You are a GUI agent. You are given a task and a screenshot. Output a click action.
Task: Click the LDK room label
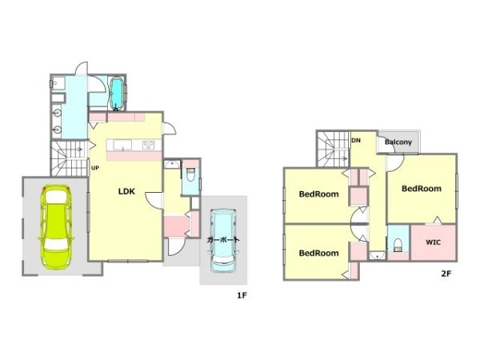pyautogui.click(x=126, y=192)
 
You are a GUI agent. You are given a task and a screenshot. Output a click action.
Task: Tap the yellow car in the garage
pyautogui.click(x=56, y=227)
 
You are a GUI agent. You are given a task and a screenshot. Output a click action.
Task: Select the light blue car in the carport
pyautogui.click(x=223, y=241)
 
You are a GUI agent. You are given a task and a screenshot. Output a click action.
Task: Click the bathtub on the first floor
pyautogui.click(x=116, y=94)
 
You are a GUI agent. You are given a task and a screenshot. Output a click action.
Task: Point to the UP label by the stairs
pyautogui.click(x=95, y=168)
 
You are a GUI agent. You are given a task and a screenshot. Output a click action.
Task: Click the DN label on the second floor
pyautogui.click(x=356, y=141)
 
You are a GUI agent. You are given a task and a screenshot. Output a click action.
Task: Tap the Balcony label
pyautogui.click(x=398, y=142)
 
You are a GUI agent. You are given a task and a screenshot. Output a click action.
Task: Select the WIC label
pyautogui.click(x=433, y=242)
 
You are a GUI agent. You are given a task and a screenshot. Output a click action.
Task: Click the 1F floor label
pyautogui.click(x=242, y=295)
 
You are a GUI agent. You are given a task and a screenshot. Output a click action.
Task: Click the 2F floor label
pyautogui.click(x=446, y=274)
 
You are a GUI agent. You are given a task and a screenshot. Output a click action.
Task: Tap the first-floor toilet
pyautogui.click(x=190, y=174)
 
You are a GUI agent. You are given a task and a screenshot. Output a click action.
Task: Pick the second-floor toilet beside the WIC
pyautogui.click(x=398, y=246)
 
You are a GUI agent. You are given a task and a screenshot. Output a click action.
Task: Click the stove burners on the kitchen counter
pyautogui.click(x=149, y=145)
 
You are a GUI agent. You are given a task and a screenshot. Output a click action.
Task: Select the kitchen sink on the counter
pyautogui.click(x=122, y=145)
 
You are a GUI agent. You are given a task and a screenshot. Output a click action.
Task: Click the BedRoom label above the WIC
pyautogui.click(x=422, y=189)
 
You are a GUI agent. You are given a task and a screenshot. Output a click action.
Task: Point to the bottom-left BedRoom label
pyautogui.click(x=318, y=253)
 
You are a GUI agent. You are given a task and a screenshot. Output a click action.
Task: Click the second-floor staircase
pyautogui.click(x=334, y=149)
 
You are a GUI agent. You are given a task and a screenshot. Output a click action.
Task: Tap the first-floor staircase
pyautogui.click(x=70, y=158)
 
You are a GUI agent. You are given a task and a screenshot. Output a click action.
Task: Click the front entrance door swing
pyautogui.click(x=177, y=247)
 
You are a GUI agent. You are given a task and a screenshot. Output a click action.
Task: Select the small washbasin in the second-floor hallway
pyautogui.click(x=377, y=255)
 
